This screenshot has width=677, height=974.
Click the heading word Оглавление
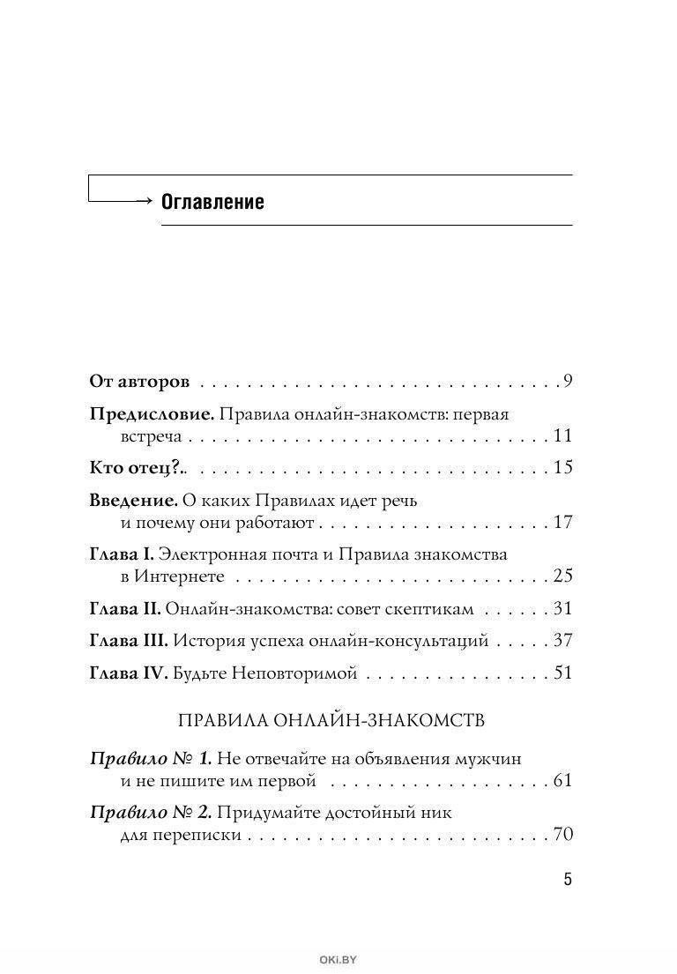[x=212, y=202]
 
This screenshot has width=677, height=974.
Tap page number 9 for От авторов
[x=569, y=382]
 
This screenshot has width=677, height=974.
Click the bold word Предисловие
[x=151, y=413]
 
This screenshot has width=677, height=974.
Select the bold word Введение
[x=134, y=500]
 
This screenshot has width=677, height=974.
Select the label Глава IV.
[x=128, y=673]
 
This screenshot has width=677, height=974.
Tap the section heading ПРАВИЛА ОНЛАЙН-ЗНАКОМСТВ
[x=331, y=720]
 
